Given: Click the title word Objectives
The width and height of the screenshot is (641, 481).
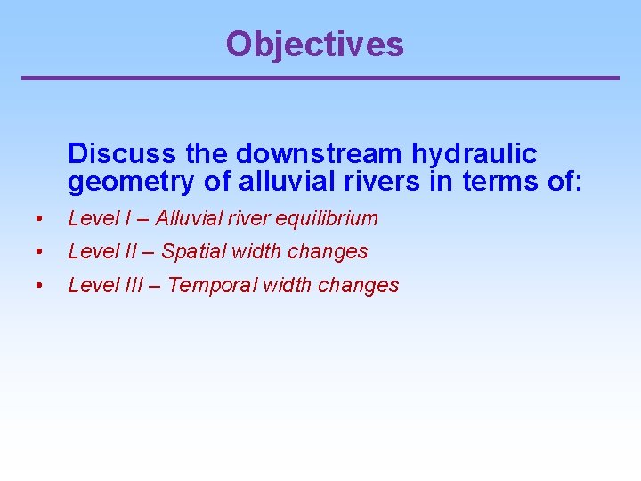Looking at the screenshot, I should (x=314, y=44).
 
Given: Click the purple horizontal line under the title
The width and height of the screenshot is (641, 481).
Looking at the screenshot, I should (x=320, y=78).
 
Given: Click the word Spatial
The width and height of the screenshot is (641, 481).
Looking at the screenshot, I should (x=193, y=252).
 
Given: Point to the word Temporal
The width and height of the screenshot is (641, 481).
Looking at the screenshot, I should (x=210, y=286).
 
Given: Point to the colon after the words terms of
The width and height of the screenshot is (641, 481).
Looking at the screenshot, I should (x=579, y=183).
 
